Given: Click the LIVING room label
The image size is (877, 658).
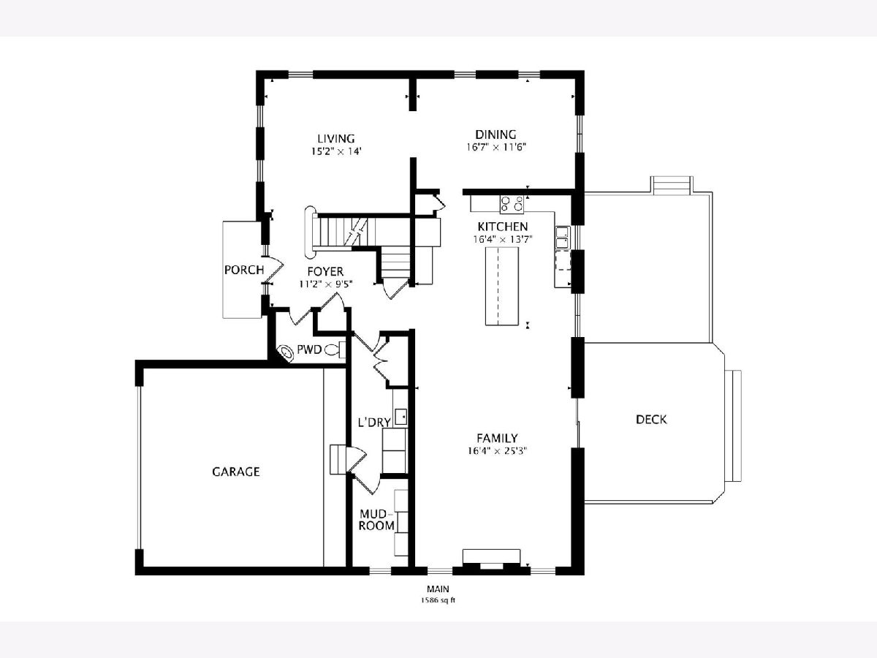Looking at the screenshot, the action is click(336, 139).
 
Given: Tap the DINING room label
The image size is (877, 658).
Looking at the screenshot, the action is click(496, 135).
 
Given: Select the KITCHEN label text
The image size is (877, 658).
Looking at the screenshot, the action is click(503, 227).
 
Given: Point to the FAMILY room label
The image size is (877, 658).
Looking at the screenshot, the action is click(498, 438).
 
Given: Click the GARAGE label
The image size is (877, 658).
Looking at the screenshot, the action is click(236, 472).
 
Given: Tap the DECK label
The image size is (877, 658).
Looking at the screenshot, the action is click(651, 420).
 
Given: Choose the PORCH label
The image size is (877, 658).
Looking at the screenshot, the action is click(244, 270).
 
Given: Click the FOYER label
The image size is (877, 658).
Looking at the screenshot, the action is click(325, 272).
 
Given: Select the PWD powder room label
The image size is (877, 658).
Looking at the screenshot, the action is click(309, 350).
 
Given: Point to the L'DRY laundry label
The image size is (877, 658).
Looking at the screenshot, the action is click(374, 423).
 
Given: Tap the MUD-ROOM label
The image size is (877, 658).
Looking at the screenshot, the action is click(376, 519).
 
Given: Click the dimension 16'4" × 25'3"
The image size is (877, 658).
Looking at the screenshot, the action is click(498, 451).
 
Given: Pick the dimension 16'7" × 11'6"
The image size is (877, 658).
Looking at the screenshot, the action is click(496, 148).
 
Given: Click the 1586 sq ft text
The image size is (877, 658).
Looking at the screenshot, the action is click(438, 600).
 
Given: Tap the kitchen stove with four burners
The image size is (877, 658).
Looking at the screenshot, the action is click(512, 204).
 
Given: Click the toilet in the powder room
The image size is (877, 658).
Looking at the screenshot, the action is click(335, 350).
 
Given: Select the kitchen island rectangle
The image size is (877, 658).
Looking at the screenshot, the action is click(502, 286).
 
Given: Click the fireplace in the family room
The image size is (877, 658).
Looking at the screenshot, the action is click(491, 559).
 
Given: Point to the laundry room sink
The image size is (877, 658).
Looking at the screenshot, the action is click(400, 417).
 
